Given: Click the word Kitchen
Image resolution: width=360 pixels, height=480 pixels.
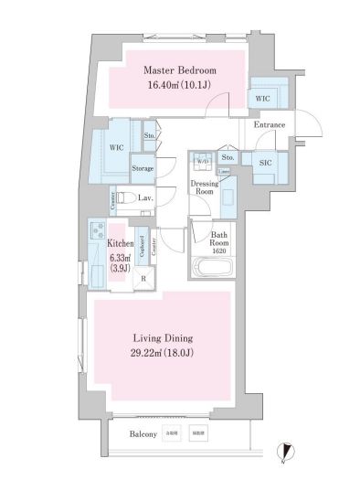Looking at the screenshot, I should coord(120,244).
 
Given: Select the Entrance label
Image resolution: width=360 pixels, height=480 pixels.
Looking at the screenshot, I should coord(270,125).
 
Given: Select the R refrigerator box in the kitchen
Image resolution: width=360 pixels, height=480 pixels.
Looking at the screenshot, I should coord(143,279).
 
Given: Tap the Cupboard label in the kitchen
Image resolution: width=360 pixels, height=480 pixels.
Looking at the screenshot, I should coord(143,247).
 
